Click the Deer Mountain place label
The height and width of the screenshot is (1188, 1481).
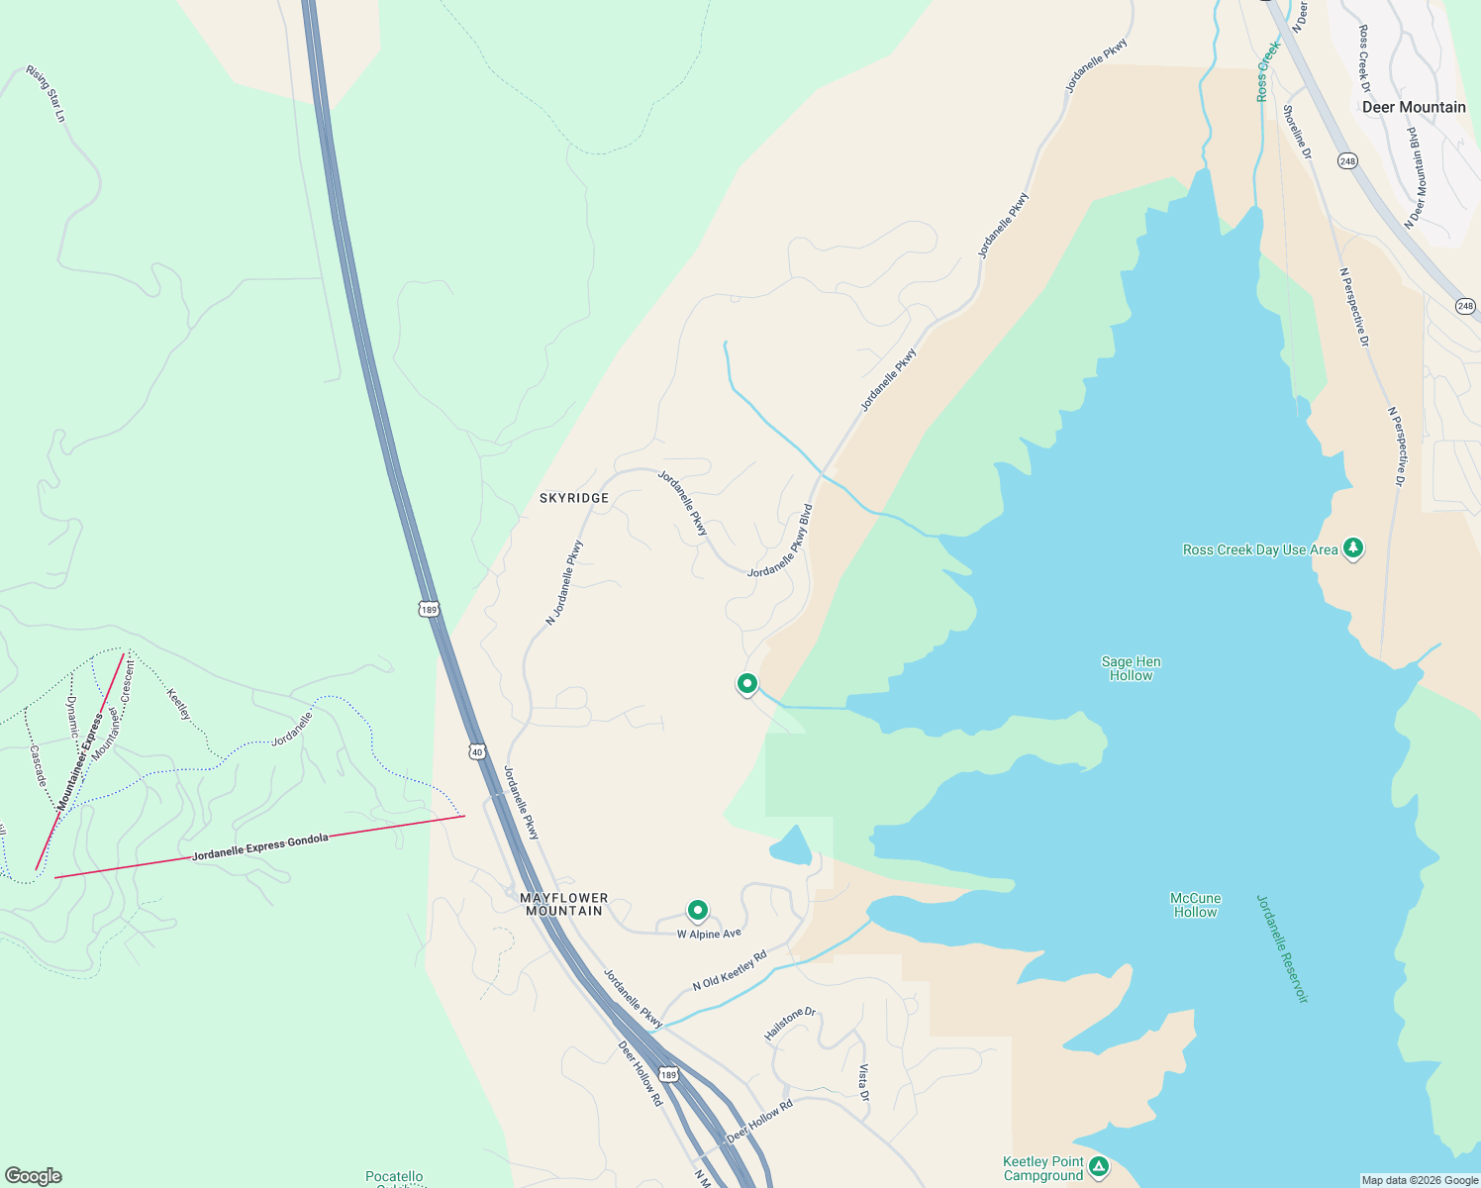coord(1414,107)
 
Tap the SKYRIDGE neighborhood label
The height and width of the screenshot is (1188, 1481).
coord(574,498)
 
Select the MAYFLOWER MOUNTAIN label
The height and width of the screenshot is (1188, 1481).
coord(564,904)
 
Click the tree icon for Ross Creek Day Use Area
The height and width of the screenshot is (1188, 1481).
coord(1353,548)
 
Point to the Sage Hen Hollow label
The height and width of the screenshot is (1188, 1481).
coord(1132,668)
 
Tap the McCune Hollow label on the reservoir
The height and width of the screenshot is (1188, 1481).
coord(1196,905)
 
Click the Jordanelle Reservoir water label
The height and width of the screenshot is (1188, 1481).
coord(1283,948)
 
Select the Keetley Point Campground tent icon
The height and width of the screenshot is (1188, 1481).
coord(1098,1167)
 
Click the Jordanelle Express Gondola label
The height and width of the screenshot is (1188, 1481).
coord(260,846)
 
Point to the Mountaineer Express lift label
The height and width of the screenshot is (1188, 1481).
coord(81,761)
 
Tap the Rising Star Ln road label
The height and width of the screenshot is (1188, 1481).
coord(47,93)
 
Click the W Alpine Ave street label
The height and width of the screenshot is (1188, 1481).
coord(709,934)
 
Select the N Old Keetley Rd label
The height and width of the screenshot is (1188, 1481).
coord(730,970)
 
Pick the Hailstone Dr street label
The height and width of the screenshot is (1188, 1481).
coord(789,1024)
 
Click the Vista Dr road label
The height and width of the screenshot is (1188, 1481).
coord(863,1083)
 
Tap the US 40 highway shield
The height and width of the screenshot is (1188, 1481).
coord(477,752)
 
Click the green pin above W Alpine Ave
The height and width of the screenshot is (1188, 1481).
coord(698,910)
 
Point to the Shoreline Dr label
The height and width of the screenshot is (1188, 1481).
coord(1297,132)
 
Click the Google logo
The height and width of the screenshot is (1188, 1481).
coord(33,1175)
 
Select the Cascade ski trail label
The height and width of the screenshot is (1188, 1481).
coord(37,766)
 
